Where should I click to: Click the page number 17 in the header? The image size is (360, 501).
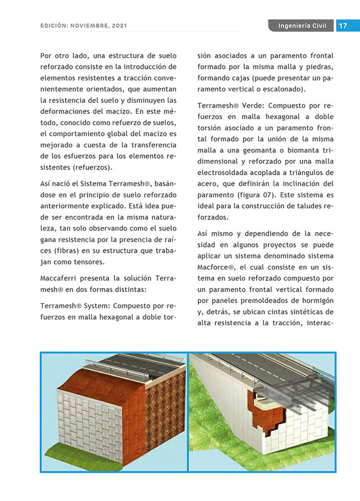[343, 25]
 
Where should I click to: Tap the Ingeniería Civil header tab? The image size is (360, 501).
[302, 25]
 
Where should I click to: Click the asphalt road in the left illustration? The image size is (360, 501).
[138, 366]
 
